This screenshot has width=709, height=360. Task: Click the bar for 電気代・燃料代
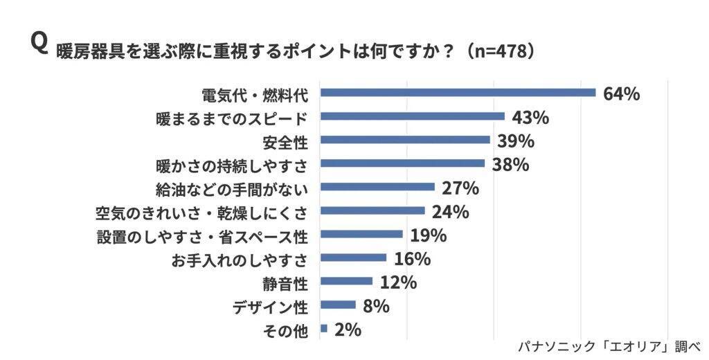coord(458,93)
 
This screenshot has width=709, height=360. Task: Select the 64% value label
coord(621,94)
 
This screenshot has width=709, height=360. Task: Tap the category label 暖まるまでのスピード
coord(231,118)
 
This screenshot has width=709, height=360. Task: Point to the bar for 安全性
coord(405,140)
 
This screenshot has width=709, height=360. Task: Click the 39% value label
coord(515,141)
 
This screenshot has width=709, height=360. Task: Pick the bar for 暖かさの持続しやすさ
coord(402,163)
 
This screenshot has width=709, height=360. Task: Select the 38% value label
coord(510,165)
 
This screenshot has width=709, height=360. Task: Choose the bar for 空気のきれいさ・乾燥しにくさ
coord(373,210)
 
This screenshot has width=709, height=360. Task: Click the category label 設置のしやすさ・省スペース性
coord(201,235)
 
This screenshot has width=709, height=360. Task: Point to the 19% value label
coord(428,235)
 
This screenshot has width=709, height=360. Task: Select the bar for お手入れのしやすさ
coord(353,258)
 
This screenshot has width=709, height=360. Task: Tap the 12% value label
coord(398,282)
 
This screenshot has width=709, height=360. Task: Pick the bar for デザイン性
coord(338,305)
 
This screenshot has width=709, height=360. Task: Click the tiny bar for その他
coord(323,328)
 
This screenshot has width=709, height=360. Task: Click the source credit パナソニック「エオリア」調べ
coord(609,347)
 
